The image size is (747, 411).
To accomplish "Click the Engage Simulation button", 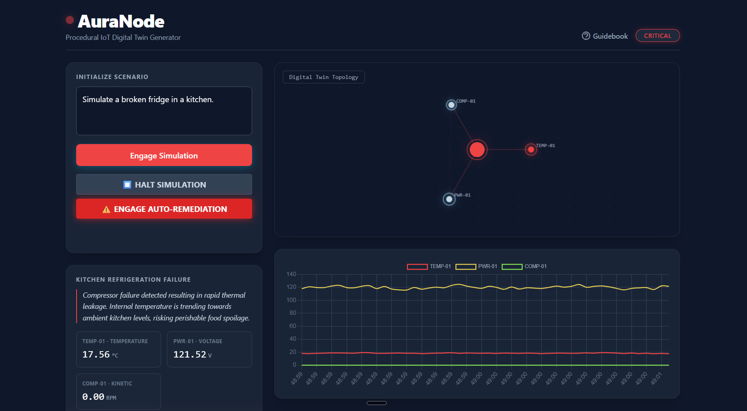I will coord(164,155).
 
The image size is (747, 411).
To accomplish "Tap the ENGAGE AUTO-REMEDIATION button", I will coord(164,209).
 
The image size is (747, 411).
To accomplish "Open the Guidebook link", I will coord(605,36).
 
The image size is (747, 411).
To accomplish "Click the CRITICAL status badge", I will coord(657,36).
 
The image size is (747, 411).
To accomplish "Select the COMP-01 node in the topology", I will coord(451,105).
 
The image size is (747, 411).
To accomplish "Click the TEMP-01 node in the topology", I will coord(531,150).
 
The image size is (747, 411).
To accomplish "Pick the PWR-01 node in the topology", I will coord(449,199).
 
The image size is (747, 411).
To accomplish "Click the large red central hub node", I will coord(477,150).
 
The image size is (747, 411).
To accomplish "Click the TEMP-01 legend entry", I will coord(429,267).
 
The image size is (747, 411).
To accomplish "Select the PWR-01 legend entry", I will coord(476,267).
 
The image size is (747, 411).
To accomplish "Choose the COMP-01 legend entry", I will coord(524,267).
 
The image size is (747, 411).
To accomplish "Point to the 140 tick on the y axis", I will coord(292,274).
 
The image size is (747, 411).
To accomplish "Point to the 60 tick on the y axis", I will coord(293,326).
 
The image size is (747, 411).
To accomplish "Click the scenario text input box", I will coord(164,111).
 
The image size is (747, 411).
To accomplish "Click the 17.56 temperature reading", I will coord(96,354).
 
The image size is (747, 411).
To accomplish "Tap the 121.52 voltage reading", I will coord(190,354).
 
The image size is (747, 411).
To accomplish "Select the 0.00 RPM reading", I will coord(93,397).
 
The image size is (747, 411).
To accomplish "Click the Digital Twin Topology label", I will coord(323,77).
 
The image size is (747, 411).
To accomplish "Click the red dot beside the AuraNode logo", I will coord(70,20).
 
